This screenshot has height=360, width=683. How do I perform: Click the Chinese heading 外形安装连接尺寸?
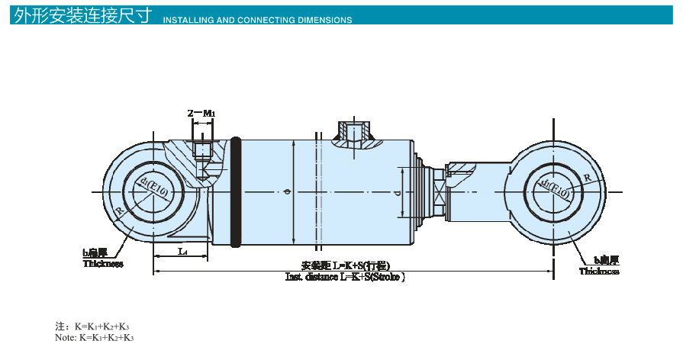(82, 15)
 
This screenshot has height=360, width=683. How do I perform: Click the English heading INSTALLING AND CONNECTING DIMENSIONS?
(258, 20)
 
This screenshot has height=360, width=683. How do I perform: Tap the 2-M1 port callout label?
(201, 113)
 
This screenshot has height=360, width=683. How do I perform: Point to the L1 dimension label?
(182, 251)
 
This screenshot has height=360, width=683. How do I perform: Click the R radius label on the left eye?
(121, 211)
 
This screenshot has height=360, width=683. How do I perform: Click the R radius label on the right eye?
(586, 177)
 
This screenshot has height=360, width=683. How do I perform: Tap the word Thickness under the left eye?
(103, 264)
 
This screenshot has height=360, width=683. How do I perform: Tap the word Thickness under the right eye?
(598, 271)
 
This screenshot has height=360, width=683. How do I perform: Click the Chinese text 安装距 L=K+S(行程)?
(345, 265)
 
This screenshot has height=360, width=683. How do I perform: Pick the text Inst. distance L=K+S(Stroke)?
(345, 277)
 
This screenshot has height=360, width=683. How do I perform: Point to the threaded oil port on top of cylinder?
(354, 133)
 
